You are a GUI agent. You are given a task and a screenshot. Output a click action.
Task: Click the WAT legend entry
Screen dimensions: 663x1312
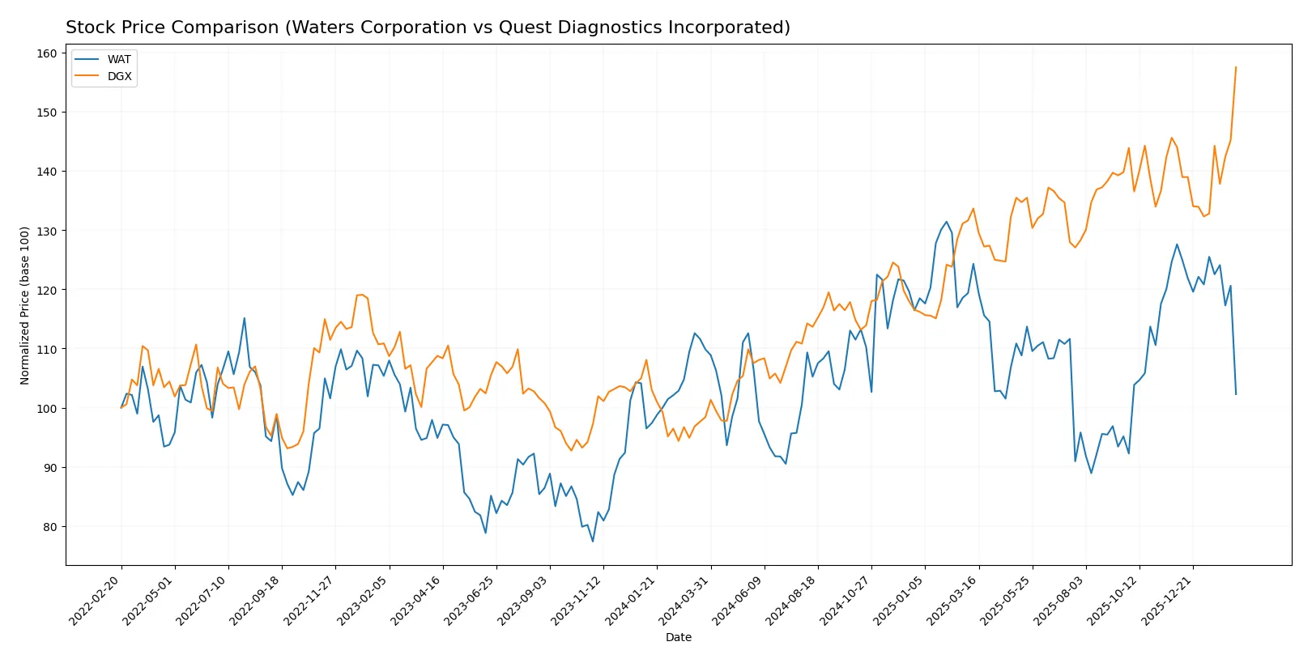pos(118,59)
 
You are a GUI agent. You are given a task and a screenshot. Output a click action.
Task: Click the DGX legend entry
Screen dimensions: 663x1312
pos(119,76)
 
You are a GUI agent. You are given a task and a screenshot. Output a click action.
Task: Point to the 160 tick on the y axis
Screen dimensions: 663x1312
pos(48,53)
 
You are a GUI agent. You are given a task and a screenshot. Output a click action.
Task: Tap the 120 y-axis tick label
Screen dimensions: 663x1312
pos(48,290)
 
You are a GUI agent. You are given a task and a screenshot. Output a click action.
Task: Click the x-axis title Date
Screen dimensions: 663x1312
pos(678,637)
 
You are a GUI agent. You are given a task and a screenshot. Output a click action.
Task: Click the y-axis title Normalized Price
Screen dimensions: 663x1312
pos(25,305)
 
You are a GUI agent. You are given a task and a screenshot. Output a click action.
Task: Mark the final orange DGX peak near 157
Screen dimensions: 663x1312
pos(1236,67)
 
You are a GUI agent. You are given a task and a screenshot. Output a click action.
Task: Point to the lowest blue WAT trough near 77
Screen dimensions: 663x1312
pos(593,541)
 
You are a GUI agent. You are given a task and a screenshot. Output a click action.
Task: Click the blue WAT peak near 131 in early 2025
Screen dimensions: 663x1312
pos(946,222)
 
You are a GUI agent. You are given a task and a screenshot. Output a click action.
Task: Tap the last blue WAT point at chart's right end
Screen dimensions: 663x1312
pos(1236,394)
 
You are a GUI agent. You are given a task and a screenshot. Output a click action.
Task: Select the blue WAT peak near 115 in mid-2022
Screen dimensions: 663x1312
pos(245,318)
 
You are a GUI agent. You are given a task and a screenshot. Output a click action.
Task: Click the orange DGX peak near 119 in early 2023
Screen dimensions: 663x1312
pos(361,295)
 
